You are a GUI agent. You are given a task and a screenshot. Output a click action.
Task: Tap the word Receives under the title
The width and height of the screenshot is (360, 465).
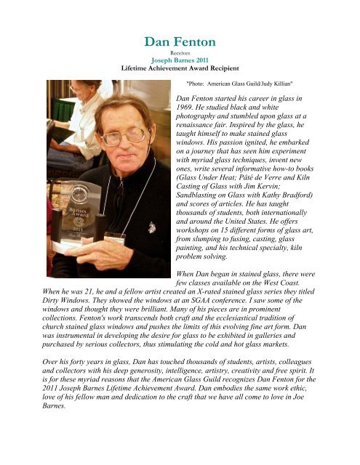(x=179, y=53)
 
